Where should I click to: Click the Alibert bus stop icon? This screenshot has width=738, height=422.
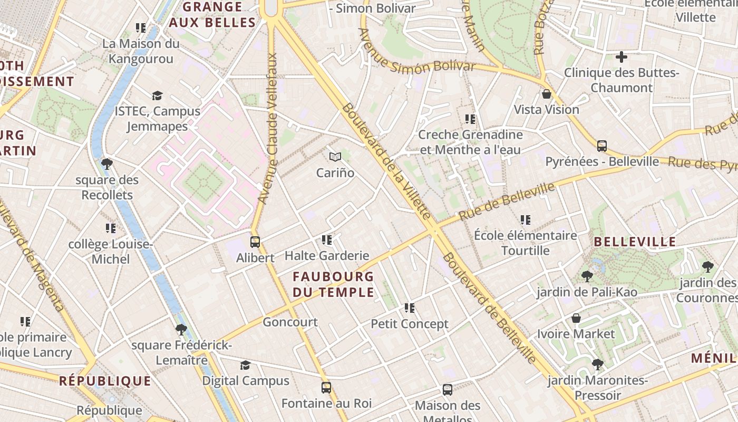[255, 242]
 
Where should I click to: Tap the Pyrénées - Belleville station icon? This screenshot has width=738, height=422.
[602, 146]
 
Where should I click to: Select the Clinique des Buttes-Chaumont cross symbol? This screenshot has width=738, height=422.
[622, 57]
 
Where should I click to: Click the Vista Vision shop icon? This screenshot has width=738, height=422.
[547, 94]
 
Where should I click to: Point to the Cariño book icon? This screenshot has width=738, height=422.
[335, 157]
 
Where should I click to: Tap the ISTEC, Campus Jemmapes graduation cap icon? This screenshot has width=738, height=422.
[157, 95]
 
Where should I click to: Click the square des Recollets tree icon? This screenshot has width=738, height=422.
[107, 164]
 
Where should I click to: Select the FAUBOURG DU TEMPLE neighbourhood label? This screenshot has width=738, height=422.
[333, 284]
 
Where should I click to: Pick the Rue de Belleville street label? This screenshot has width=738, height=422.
[507, 202]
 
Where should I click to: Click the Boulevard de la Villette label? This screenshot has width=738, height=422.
[386, 161]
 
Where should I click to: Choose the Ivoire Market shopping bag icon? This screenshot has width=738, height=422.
[576, 319]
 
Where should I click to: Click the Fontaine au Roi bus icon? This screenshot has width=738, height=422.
[326, 388]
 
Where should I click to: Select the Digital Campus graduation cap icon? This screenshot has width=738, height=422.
[245, 365]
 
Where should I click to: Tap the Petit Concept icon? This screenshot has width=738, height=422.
[410, 308]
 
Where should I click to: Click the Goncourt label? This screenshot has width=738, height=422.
[290, 322]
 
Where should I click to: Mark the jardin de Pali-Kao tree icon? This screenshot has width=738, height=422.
[587, 276]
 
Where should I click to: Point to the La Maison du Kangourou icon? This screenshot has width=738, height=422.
[141, 28]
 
